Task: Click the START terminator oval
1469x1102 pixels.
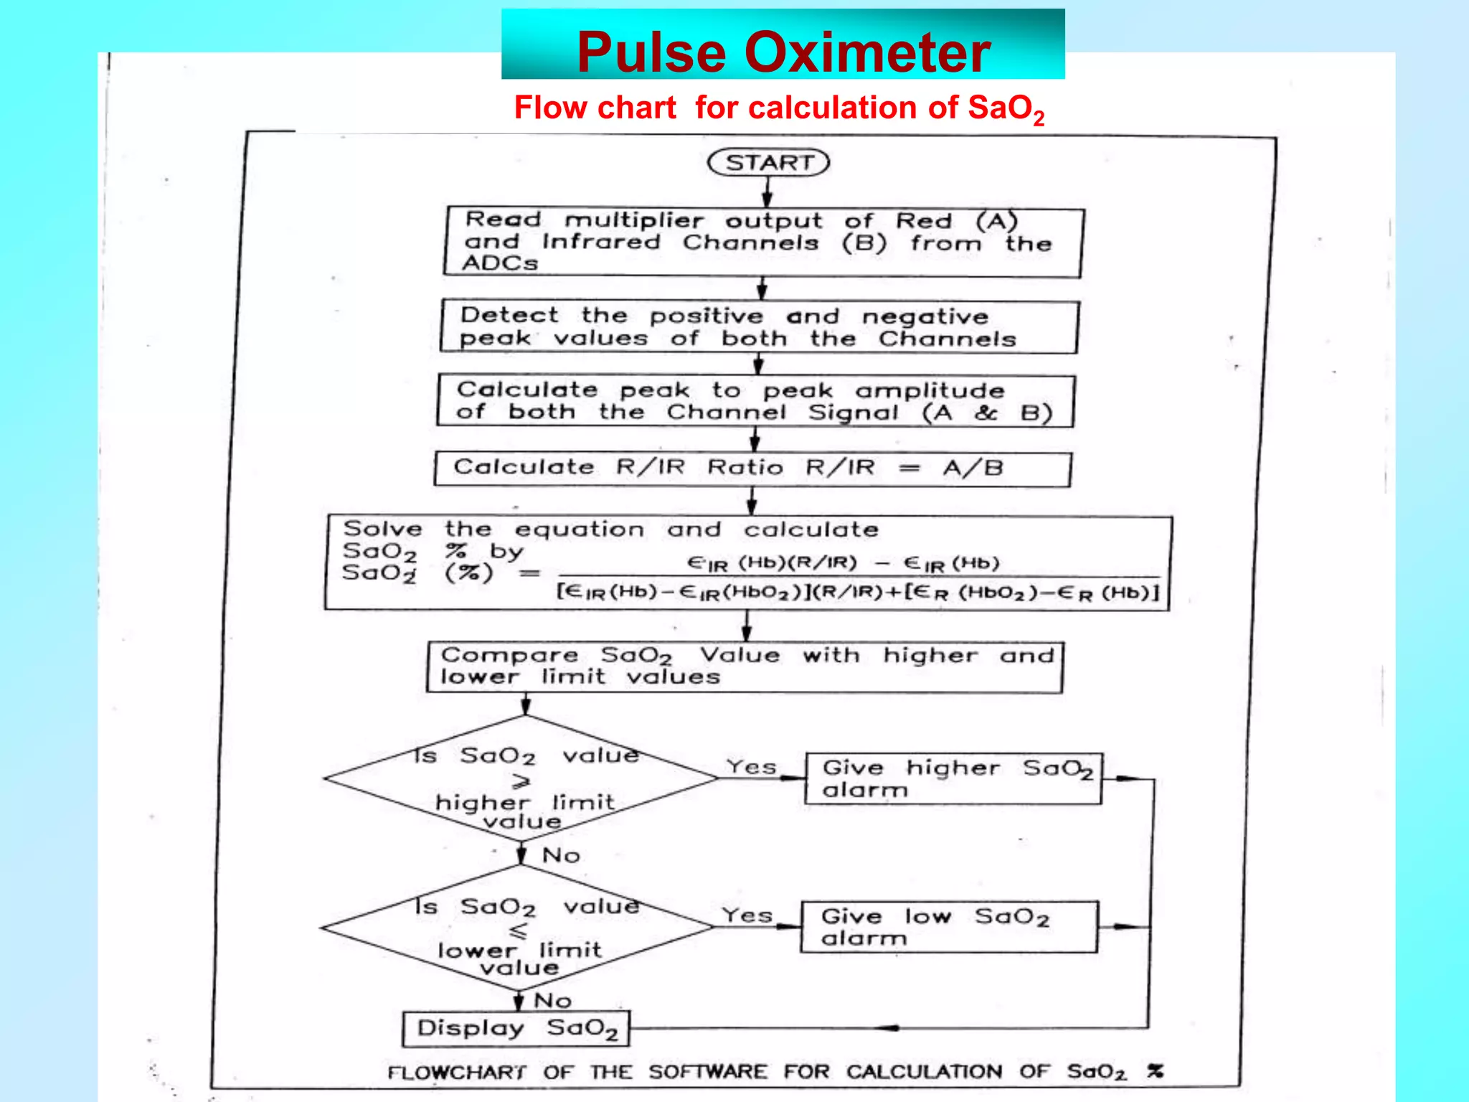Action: click(768, 162)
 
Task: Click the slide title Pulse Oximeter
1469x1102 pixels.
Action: click(783, 52)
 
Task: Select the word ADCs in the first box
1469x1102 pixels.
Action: click(500, 263)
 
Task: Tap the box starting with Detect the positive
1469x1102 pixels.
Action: click(759, 326)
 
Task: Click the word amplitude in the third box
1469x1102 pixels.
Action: click(930, 391)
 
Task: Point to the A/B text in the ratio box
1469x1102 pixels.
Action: click(973, 468)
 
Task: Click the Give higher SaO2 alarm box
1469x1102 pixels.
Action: click(953, 778)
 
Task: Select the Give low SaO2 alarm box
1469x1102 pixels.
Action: click(948, 927)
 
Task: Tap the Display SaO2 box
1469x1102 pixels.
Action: click(516, 1029)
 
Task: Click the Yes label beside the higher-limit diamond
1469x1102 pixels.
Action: click(751, 767)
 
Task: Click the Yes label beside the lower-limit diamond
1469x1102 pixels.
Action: click(747, 915)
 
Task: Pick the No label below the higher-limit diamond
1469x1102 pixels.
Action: click(561, 855)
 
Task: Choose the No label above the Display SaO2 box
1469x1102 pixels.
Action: click(552, 1000)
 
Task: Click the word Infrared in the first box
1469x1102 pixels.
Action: click(601, 242)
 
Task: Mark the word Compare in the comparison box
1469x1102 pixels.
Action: click(509, 655)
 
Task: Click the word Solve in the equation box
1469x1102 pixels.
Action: click(382, 529)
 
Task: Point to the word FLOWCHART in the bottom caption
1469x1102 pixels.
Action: click(457, 1073)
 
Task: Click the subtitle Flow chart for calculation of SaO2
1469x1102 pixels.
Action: click(779, 109)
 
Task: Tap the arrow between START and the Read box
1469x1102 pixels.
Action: click(767, 191)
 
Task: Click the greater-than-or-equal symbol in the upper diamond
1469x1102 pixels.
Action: click(521, 781)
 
